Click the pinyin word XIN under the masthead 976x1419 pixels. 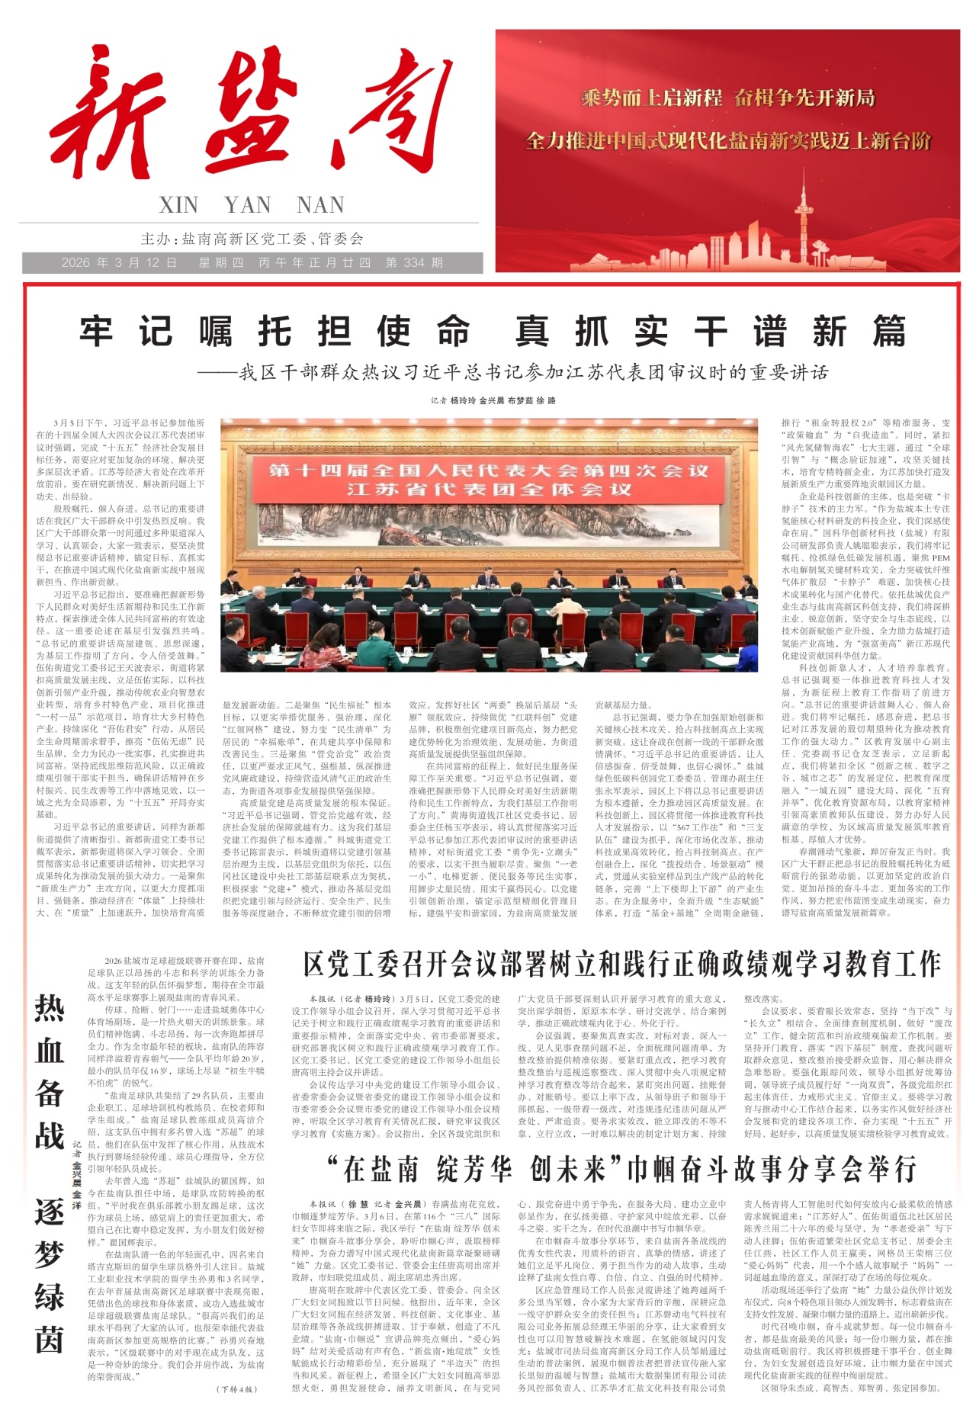point(178,205)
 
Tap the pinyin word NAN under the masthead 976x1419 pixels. point(320,205)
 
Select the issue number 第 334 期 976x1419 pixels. point(414,263)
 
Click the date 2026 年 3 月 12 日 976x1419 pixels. point(120,263)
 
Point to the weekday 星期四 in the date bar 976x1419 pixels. point(221,263)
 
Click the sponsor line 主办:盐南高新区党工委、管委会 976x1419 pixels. point(252,239)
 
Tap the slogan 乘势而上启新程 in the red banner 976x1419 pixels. point(651,98)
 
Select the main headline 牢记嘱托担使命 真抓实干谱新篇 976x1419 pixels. point(493,332)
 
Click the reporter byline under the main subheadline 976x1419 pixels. point(493,400)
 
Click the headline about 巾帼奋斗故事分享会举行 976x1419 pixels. point(621,1169)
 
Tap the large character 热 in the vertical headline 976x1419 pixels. point(50,1008)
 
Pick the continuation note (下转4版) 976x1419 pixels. point(237,1389)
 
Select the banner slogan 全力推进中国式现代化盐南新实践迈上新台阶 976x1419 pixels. point(728,141)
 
